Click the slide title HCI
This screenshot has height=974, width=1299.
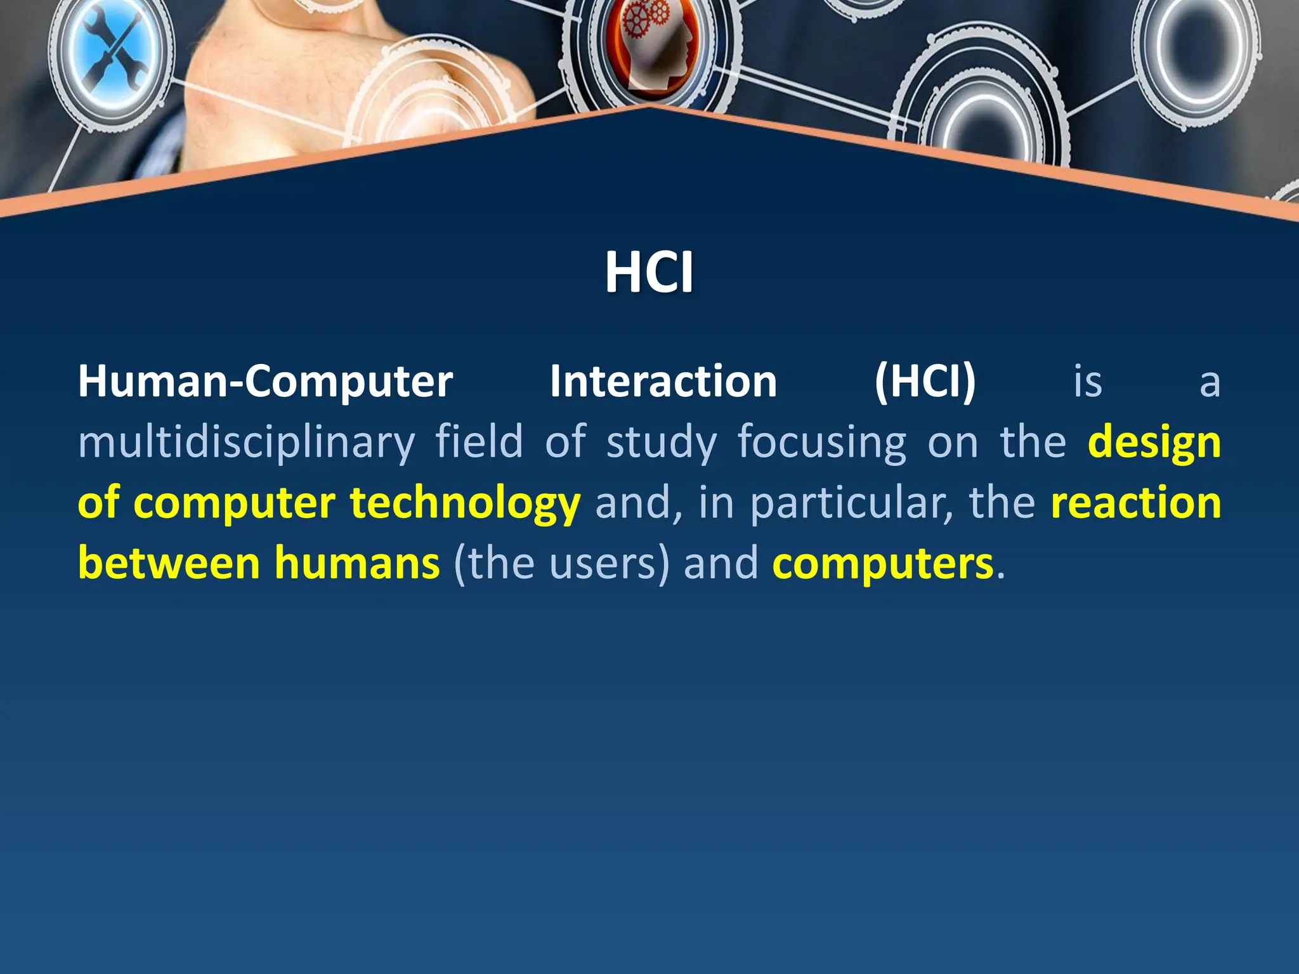(649, 272)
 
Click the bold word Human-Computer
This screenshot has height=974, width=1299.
(265, 382)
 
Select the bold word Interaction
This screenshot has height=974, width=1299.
(663, 382)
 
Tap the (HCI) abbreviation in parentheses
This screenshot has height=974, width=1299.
(925, 382)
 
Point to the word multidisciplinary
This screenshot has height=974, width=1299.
(246, 443)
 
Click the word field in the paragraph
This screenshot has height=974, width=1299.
(479, 441)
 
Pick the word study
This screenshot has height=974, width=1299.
(662, 443)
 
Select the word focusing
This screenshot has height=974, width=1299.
(822, 443)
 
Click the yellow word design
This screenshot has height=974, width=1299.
(1154, 443)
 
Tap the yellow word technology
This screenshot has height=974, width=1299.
(465, 503)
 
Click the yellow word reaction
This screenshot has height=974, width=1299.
(1136, 502)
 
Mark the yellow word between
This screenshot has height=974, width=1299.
(169, 563)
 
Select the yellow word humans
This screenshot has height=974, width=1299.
(357, 563)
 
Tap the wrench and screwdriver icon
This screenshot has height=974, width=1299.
(112, 51)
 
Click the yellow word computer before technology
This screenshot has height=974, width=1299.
(234, 503)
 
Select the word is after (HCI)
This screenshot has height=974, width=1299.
(1088, 382)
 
